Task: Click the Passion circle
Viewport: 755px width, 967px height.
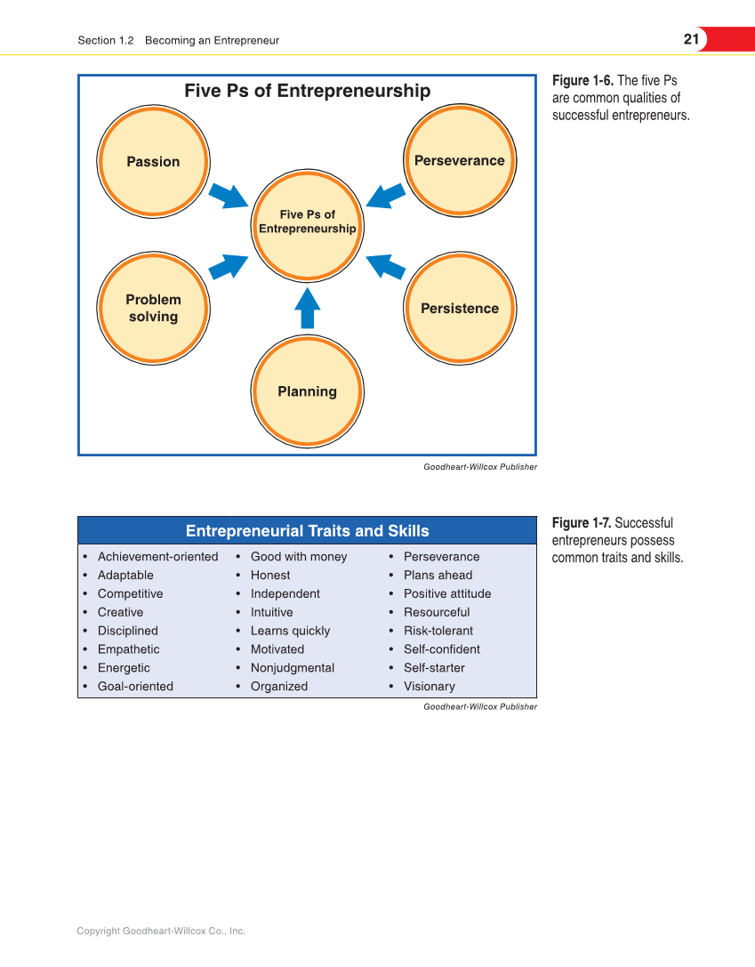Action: point(153,162)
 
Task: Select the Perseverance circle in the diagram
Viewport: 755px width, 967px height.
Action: point(460,160)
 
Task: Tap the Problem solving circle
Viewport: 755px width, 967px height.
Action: point(153,308)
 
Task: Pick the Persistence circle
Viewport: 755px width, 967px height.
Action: point(460,308)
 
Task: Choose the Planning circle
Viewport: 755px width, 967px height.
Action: point(307,391)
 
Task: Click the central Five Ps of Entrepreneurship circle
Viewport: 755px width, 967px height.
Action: point(307,222)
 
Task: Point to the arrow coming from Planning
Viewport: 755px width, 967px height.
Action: point(307,309)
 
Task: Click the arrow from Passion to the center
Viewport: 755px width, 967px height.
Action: point(229,195)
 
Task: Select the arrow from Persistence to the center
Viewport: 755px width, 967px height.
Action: point(386,266)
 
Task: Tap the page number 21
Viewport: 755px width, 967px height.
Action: point(691,39)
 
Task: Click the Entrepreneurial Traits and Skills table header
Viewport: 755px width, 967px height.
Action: point(307,531)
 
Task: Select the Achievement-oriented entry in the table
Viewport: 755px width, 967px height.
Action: point(157,557)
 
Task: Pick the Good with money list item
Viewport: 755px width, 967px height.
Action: point(299,557)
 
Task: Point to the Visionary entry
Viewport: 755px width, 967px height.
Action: point(429,687)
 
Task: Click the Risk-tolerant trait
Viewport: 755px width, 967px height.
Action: point(438,631)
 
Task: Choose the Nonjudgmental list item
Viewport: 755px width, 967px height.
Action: point(293,668)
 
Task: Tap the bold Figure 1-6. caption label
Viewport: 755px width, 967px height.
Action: point(582,81)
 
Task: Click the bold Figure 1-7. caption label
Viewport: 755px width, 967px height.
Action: point(582,523)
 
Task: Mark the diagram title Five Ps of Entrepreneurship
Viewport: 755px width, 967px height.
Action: point(307,91)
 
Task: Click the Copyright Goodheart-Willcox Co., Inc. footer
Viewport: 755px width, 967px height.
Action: point(161,931)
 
